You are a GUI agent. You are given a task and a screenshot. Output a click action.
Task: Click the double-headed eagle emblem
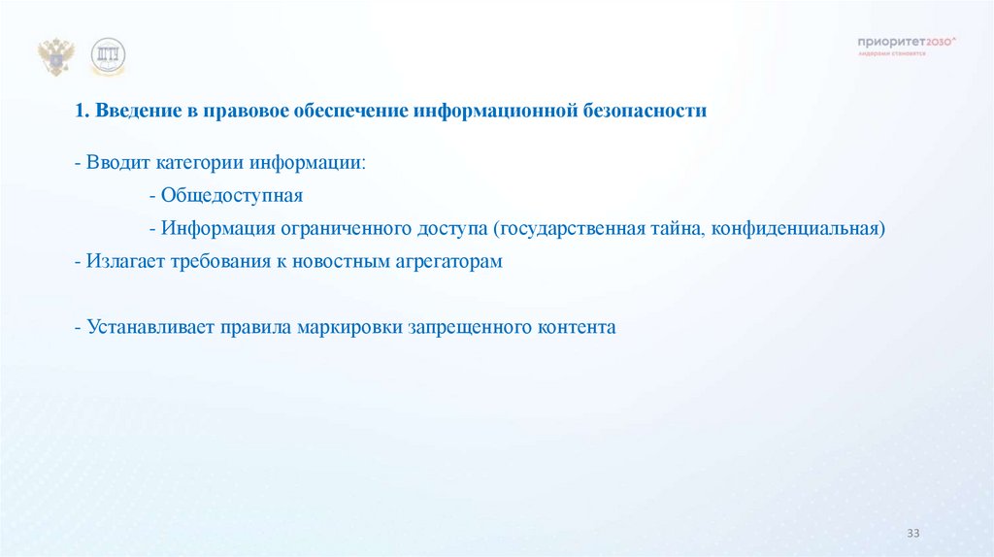(55, 57)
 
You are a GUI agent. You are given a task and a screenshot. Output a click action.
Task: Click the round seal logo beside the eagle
(108, 58)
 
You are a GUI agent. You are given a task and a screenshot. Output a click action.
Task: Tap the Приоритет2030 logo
(907, 44)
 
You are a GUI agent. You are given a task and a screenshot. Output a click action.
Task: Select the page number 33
(912, 534)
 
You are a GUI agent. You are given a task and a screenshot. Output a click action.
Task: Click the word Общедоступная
(232, 195)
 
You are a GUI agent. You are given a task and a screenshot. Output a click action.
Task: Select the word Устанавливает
(145, 327)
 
